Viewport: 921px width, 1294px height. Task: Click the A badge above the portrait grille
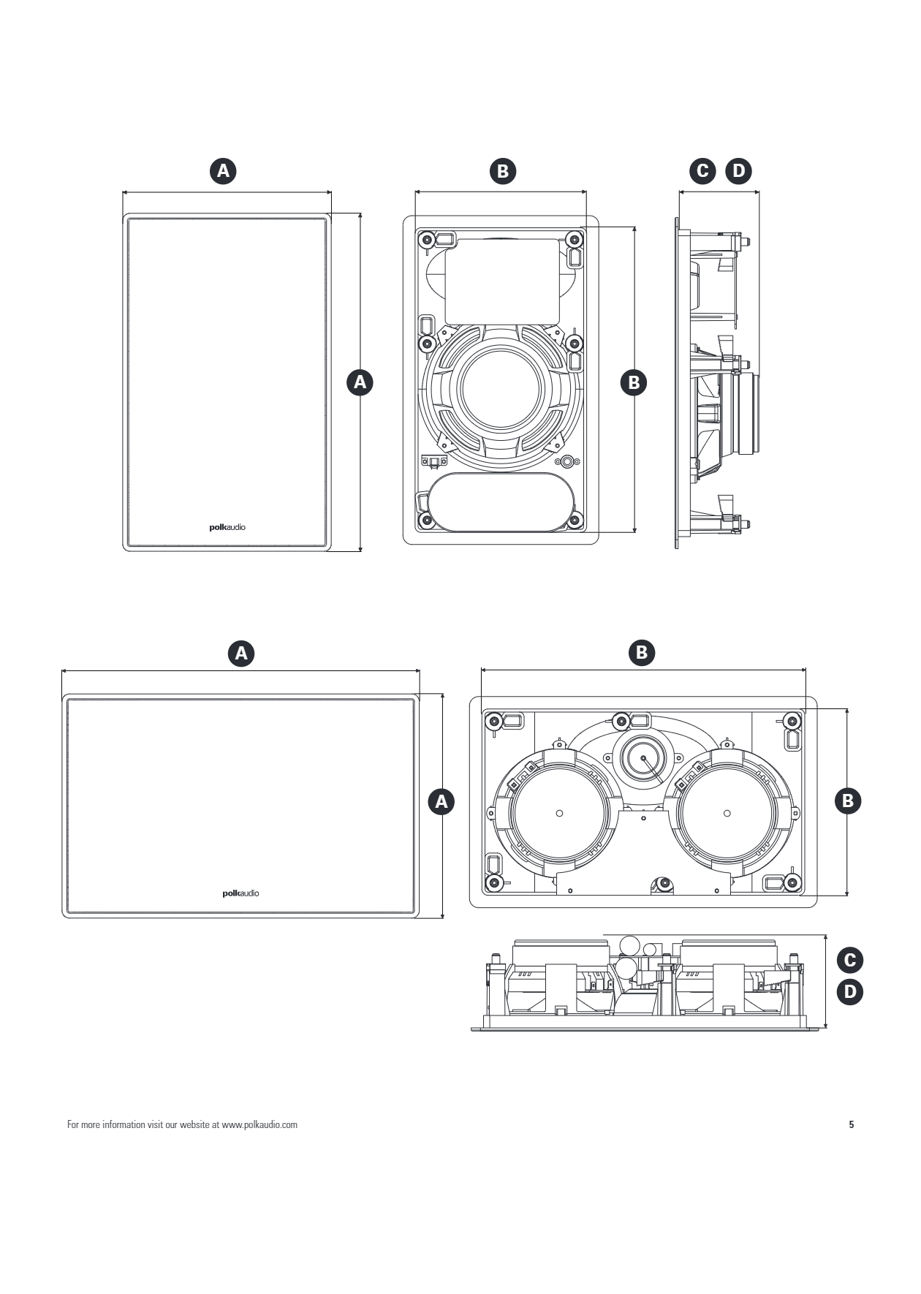[224, 170]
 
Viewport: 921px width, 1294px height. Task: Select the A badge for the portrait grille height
[359, 382]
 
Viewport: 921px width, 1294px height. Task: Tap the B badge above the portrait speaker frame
[502, 170]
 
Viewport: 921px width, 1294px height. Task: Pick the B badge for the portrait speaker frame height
[634, 382]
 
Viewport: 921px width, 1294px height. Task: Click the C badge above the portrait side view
[703, 170]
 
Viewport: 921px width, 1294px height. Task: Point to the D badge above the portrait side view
[738, 170]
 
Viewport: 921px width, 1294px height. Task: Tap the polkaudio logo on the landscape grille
[240, 893]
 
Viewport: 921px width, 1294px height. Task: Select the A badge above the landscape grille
[241, 652]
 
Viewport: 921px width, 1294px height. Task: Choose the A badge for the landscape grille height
[441, 801]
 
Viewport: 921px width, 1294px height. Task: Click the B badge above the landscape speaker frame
[642, 651]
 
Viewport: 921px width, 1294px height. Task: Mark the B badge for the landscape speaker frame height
[848, 801]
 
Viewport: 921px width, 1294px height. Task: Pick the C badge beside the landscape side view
[849, 960]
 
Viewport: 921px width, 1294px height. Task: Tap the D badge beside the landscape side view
[849, 992]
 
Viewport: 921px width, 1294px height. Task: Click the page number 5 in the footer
[851, 1124]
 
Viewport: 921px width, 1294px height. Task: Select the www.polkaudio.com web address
[259, 1124]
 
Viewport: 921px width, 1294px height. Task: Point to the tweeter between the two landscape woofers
[643, 758]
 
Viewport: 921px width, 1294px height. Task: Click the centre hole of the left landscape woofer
[559, 812]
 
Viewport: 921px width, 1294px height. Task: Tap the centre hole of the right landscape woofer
[727, 812]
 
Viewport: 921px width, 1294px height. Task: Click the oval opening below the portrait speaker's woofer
[501, 502]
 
